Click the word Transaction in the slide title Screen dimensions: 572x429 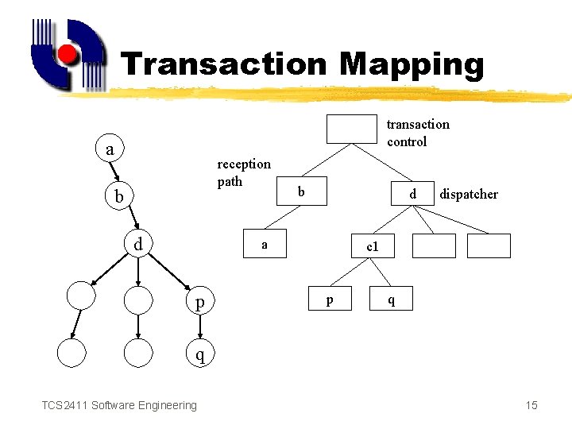tap(222, 64)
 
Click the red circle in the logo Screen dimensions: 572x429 tap(68, 54)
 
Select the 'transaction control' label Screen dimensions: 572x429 tap(417, 133)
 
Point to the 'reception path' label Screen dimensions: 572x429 tap(243, 172)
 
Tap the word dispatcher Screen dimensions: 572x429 tap(469, 194)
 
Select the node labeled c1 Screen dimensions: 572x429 tap(373, 247)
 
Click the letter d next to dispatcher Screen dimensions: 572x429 tap(412, 194)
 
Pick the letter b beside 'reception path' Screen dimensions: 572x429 tap(300, 191)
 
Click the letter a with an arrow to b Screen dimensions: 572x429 tap(110, 149)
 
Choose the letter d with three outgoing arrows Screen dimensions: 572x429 tap(137, 245)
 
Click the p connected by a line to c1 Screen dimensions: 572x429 tap(329, 300)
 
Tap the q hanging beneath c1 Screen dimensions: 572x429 tap(389, 300)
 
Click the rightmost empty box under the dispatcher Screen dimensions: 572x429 tap(489, 246)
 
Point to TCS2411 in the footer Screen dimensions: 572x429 tap(64, 406)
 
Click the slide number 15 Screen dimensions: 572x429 tap(531, 406)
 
